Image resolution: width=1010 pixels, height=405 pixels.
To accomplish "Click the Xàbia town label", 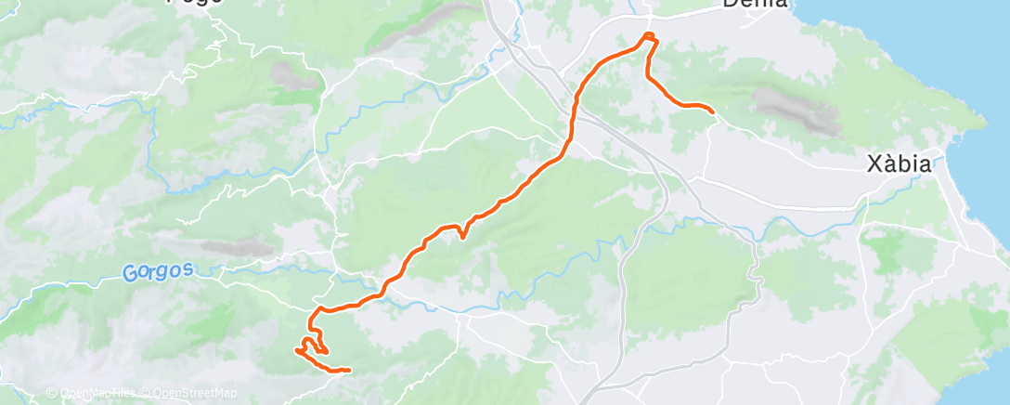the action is tap(898, 164).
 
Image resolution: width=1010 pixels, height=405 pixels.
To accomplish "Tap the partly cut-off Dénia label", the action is tap(755, 4).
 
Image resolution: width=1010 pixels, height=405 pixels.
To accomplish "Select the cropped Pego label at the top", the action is tap(194, 3).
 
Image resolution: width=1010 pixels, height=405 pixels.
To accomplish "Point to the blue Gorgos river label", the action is tap(158, 271).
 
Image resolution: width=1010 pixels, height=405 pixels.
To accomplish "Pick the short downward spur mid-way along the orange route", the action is tap(461, 236).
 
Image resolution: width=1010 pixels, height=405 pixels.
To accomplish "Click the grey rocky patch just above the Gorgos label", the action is tap(228, 248).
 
